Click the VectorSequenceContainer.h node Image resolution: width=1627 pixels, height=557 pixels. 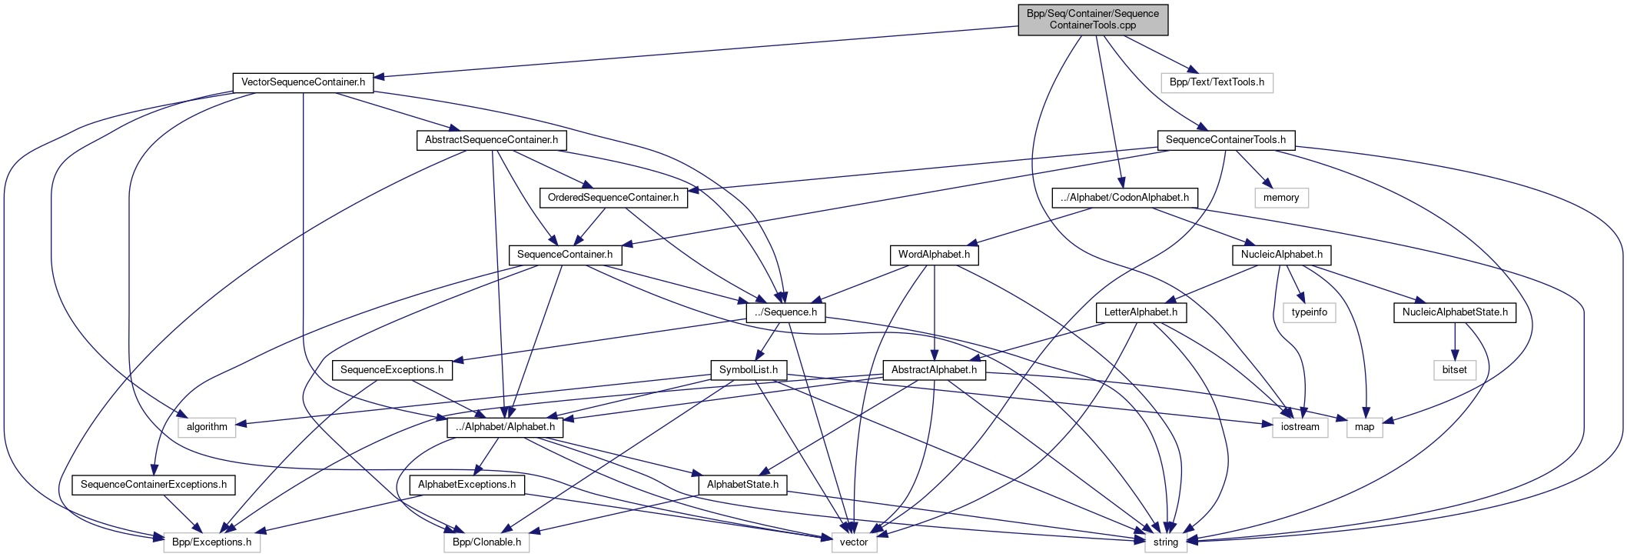click(303, 82)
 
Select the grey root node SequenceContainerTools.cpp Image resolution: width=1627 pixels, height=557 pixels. click(1092, 19)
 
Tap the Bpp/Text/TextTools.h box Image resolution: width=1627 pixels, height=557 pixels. click(1217, 82)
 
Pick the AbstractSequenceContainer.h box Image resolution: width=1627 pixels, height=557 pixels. click(491, 140)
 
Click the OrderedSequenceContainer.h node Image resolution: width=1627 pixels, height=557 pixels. click(613, 198)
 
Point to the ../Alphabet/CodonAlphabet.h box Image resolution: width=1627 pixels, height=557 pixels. click(1124, 198)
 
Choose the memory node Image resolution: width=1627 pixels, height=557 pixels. click(1280, 198)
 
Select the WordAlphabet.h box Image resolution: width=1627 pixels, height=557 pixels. click(934, 255)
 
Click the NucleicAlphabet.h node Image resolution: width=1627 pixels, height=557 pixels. click(1281, 255)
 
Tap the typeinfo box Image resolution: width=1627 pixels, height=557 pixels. click(1309, 312)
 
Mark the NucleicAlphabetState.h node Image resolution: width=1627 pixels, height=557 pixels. click(1454, 312)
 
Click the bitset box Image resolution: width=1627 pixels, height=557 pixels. click(1454, 370)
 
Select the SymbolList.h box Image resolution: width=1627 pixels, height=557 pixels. click(749, 370)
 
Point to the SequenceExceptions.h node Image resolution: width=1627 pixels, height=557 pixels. click(392, 370)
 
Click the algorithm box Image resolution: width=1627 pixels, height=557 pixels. click(207, 427)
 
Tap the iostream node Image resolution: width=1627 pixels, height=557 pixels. click(1300, 427)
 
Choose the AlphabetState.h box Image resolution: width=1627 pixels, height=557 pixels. click(742, 485)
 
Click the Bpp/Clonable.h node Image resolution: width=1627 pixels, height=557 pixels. click(486, 542)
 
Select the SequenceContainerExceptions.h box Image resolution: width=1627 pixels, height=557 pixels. click(154, 485)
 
